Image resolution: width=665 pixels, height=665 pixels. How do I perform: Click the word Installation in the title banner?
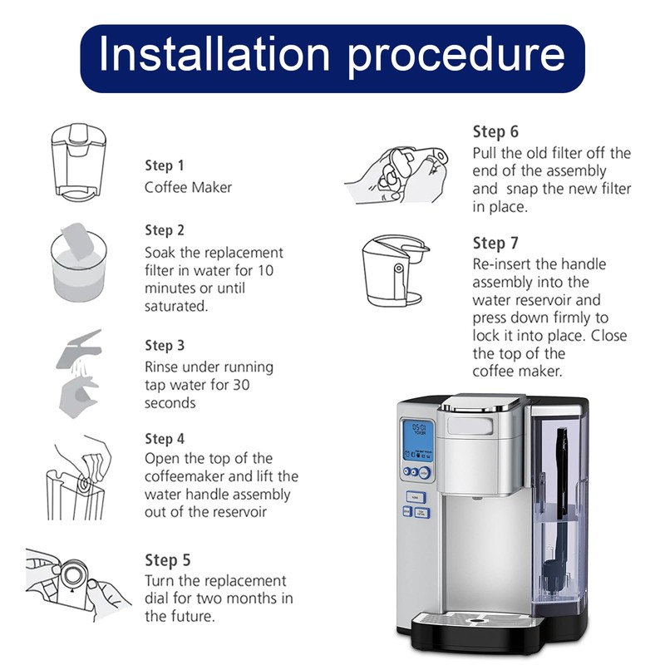214,54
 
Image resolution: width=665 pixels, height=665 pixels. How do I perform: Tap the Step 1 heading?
165,165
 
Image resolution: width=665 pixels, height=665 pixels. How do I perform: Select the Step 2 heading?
165,230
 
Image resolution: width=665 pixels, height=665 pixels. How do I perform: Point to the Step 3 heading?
165,345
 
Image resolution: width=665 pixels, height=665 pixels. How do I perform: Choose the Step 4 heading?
165,439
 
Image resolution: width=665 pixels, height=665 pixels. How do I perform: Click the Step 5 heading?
168,560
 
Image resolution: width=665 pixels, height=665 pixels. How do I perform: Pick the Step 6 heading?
495,132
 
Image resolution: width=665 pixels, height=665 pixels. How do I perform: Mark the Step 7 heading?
495,244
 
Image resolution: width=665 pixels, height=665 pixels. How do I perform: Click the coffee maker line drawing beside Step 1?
78,162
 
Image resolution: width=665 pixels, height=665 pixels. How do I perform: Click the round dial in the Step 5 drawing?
73,575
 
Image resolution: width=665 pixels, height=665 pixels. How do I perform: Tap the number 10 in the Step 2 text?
265,271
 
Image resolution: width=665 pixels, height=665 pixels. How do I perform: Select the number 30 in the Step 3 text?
241,385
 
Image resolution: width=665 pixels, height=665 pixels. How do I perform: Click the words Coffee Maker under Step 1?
189,188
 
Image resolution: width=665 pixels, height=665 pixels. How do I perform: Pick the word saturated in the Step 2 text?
176,306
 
